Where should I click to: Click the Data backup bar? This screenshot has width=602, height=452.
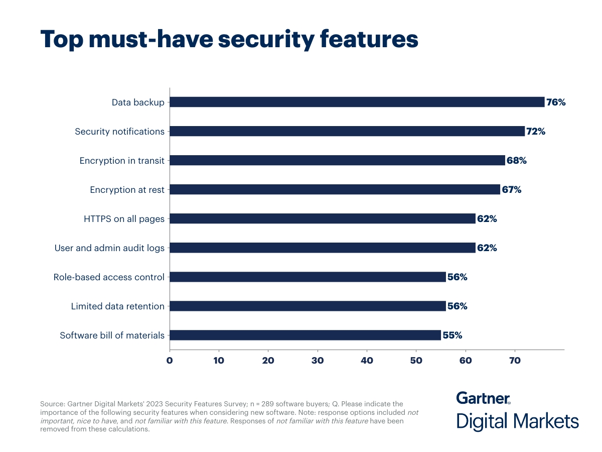357,102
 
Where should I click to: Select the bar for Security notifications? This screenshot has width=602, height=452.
347,131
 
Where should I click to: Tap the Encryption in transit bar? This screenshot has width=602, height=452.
337,160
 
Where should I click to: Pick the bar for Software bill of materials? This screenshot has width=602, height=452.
305,335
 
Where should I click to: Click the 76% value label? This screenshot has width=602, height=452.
556,102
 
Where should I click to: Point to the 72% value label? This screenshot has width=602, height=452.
536,132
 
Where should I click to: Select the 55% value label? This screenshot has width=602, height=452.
453,335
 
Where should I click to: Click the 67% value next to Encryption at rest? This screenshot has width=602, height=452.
512,190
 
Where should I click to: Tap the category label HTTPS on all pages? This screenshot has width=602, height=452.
124,219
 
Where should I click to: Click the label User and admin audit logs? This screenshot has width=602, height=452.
109,248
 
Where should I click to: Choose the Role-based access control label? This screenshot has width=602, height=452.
109,277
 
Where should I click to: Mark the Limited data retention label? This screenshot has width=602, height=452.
117,306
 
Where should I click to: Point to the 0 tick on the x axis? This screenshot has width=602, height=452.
170,360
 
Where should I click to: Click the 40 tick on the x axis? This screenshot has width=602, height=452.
367,360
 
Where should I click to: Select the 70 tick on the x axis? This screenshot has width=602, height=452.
515,360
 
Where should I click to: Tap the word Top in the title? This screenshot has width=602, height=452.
63,39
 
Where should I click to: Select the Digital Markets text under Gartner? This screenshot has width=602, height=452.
517,421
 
